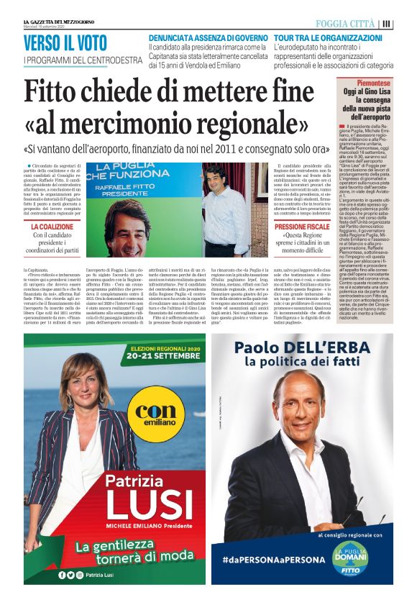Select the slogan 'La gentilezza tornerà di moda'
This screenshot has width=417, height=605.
(126, 552)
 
